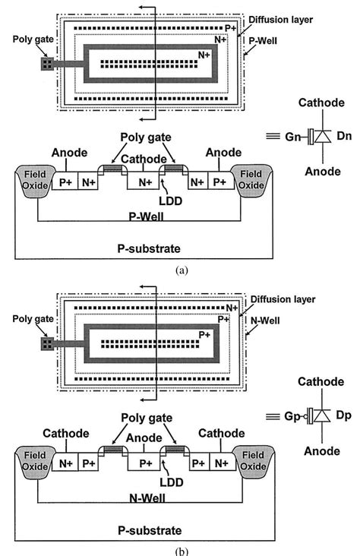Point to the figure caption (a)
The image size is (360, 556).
pos(180,270)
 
